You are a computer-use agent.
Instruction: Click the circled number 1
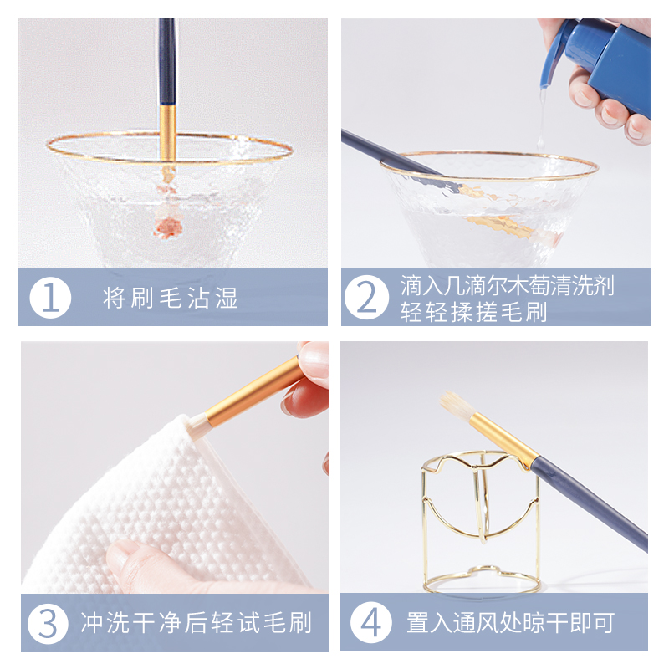click(51, 298)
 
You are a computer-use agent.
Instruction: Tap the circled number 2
click(368, 298)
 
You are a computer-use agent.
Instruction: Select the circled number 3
click(51, 623)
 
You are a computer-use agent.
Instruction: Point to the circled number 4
click(368, 623)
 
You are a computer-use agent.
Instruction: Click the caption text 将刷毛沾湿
click(171, 298)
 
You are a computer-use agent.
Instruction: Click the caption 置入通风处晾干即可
click(510, 623)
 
